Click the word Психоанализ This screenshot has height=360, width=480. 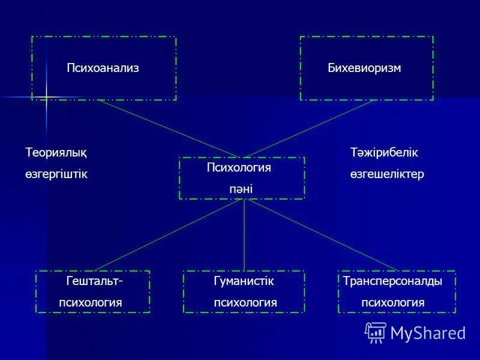pyautogui.click(x=103, y=68)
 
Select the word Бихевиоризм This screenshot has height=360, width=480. pyautogui.click(x=364, y=68)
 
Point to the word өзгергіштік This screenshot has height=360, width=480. pyautogui.click(x=56, y=174)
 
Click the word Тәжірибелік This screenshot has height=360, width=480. pyautogui.click(x=384, y=153)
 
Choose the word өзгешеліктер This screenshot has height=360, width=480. pyautogui.click(x=387, y=174)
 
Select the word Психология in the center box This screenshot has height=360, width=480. pyautogui.click(x=239, y=168)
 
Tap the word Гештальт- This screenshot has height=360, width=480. pyautogui.click(x=95, y=281)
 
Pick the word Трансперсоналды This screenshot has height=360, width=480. pyautogui.click(x=392, y=281)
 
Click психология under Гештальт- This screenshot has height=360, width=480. pyautogui.click(x=91, y=303)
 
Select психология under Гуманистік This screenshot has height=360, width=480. pyautogui.click(x=245, y=303)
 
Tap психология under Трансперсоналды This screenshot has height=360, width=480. pyautogui.click(x=393, y=303)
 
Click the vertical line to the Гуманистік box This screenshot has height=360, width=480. pyautogui.click(x=244, y=235)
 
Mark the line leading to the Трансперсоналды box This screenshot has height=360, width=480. pyautogui.click(x=321, y=235)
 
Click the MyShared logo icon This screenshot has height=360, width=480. pyautogui.click(x=376, y=332)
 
